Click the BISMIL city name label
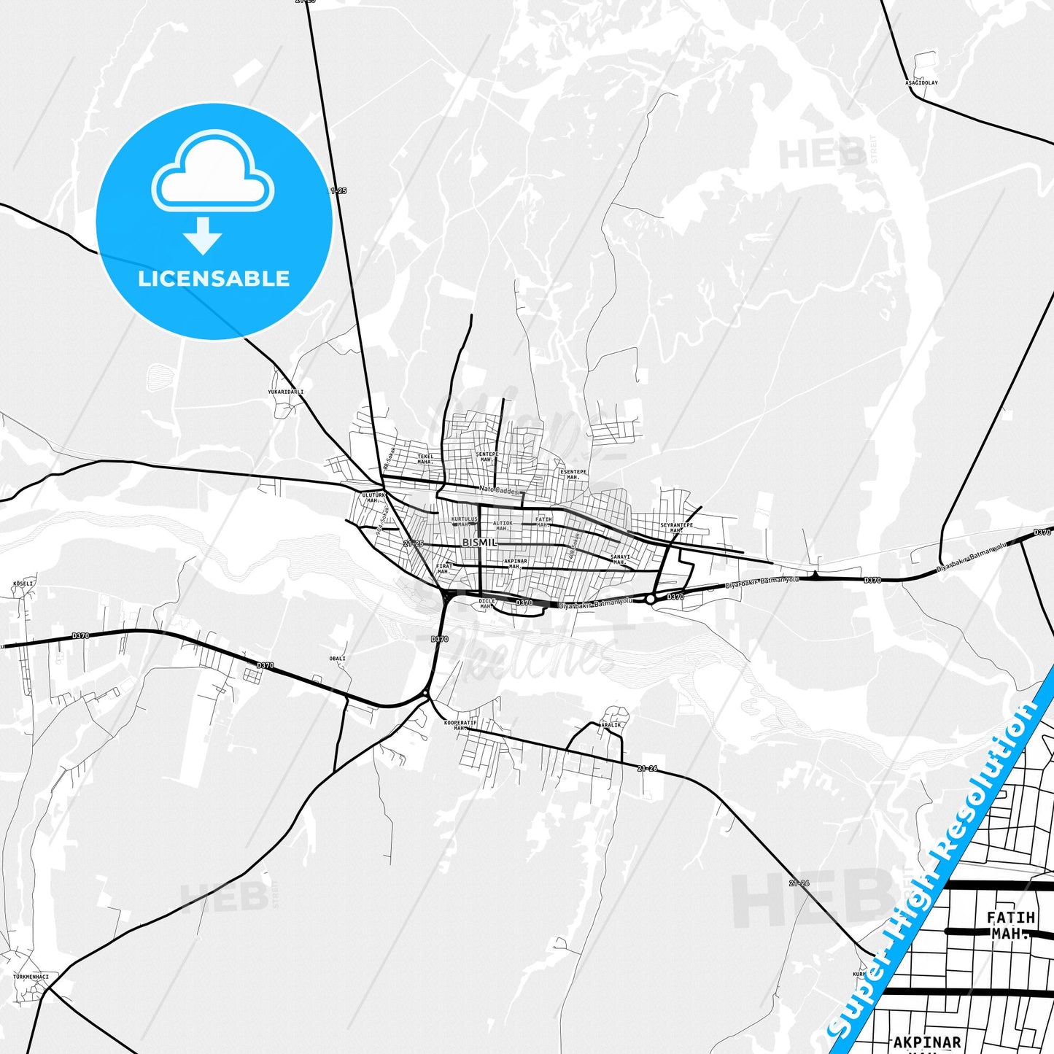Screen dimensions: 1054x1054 click(x=479, y=543)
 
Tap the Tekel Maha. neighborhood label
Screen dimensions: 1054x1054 click(x=425, y=459)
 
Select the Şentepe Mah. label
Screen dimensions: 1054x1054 click(x=487, y=457)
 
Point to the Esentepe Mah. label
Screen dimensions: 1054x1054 click(x=573, y=474)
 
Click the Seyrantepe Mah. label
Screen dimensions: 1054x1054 click(x=676, y=527)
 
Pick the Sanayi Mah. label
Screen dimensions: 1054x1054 click(x=620, y=559)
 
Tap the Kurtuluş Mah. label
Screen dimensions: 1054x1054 click(x=464, y=522)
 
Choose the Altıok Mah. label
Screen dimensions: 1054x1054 click(x=503, y=525)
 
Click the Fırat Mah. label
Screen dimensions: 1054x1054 click(x=444, y=568)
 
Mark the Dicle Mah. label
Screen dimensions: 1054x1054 click(x=487, y=603)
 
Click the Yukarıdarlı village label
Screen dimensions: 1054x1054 click(x=285, y=392)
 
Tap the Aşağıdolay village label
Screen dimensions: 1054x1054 click(x=921, y=82)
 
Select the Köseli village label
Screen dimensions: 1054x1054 click(x=24, y=584)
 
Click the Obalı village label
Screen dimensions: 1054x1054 click(x=337, y=658)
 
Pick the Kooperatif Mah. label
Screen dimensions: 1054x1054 click(x=460, y=725)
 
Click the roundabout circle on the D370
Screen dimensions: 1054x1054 click(x=650, y=599)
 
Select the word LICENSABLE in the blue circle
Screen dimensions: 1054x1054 click(x=214, y=279)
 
